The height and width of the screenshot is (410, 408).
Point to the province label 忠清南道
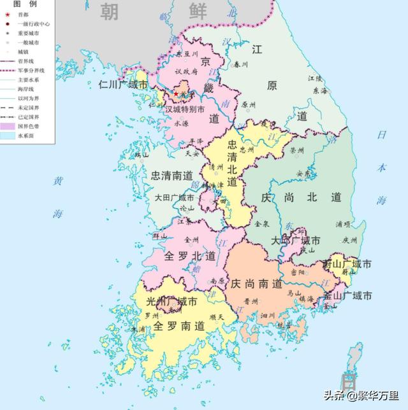coord(171,174)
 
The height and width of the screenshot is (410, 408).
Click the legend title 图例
coord(21,4)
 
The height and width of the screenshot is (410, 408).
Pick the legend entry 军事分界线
coord(29,71)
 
